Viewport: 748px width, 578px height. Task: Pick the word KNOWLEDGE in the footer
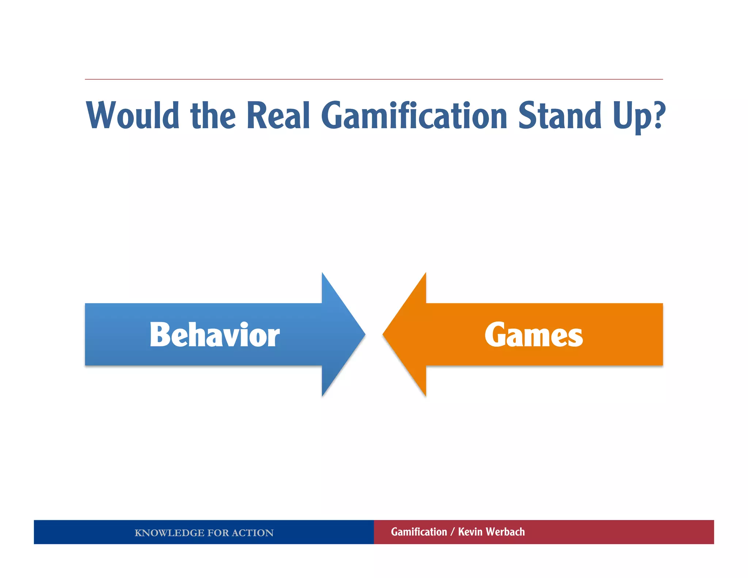[x=169, y=533]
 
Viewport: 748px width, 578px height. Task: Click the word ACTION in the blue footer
[x=252, y=533]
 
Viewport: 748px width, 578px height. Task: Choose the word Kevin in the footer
[x=470, y=532]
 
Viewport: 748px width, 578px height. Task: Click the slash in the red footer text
[x=453, y=532]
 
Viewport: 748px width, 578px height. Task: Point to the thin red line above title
[x=374, y=79]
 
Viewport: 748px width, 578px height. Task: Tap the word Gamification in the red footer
[x=419, y=532]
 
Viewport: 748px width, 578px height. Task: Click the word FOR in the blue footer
[x=218, y=533]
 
